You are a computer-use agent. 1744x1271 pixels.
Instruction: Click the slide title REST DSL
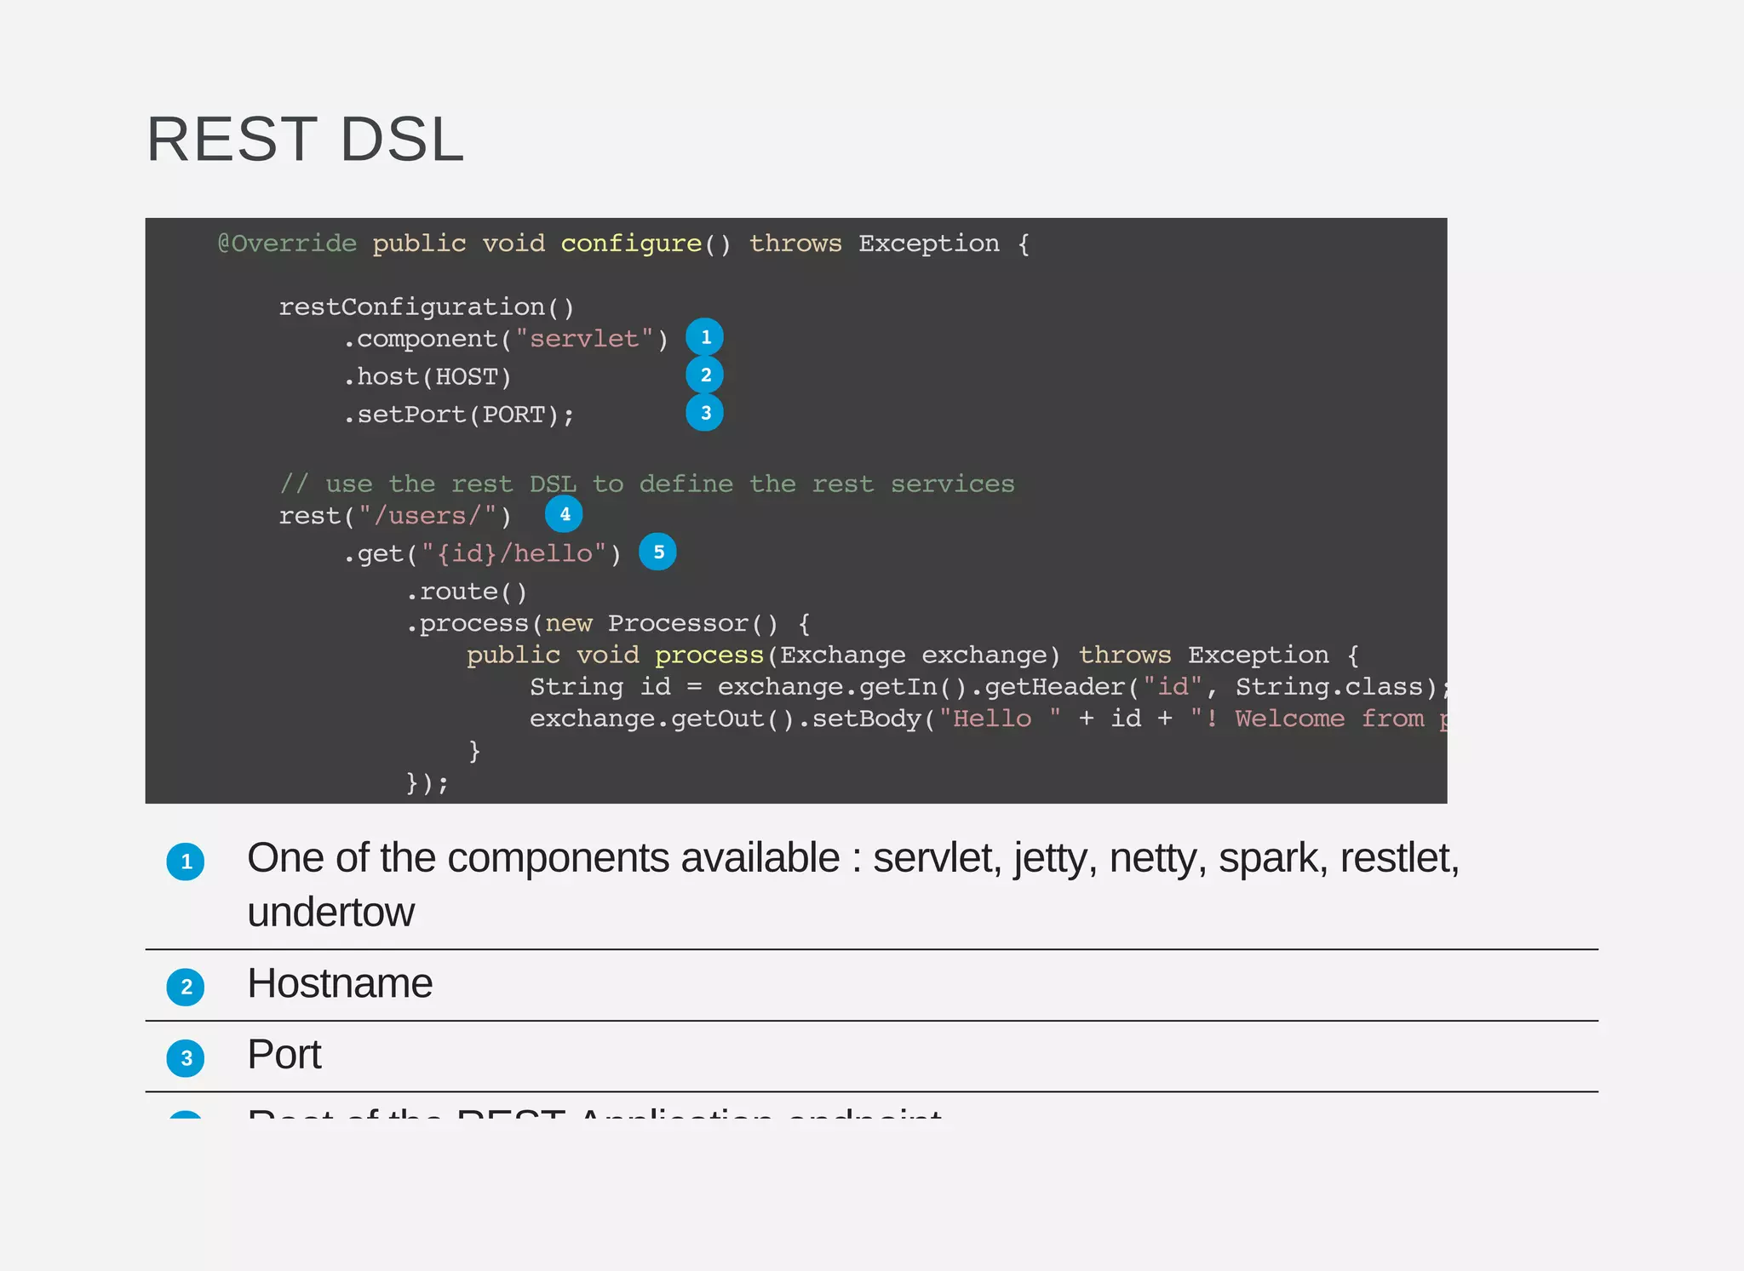click(305, 140)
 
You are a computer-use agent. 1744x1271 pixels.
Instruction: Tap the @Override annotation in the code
click(287, 243)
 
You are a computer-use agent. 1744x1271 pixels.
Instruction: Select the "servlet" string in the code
click(584, 339)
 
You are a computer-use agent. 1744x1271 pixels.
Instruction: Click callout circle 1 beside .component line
click(705, 337)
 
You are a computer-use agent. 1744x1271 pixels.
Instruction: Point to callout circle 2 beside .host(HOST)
click(705, 375)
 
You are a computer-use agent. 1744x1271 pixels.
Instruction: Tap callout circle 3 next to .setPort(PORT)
click(705, 413)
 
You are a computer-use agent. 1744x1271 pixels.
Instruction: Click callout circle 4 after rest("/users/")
click(564, 514)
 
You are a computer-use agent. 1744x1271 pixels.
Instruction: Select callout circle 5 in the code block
click(658, 552)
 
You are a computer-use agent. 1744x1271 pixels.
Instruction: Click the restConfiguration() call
click(427, 306)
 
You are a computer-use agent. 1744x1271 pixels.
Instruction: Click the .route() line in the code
click(467, 592)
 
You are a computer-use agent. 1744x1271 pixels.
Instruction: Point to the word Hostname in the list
click(340, 984)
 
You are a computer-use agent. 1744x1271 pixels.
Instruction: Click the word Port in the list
click(284, 1056)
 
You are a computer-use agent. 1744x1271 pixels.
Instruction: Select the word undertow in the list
click(330, 913)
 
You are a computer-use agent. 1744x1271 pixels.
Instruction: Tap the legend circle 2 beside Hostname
click(186, 988)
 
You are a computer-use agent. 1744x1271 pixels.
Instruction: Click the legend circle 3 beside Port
click(186, 1059)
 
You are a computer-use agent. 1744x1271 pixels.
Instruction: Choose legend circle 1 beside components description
click(186, 862)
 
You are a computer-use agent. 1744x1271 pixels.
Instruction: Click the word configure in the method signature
click(631, 243)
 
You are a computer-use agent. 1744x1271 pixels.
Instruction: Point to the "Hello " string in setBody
click(1000, 719)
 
